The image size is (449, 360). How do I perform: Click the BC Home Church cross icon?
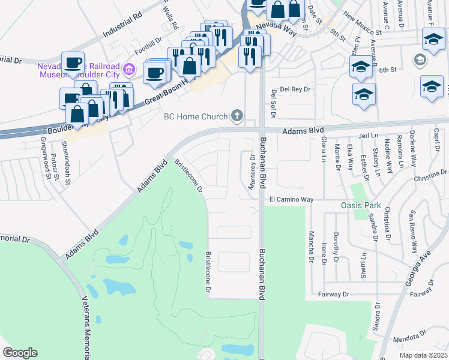(x=237, y=116)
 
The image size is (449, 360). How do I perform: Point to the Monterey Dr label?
(x=253, y=170)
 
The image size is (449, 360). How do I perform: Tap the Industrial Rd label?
(x=122, y=25)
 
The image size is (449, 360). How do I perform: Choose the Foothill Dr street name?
(x=149, y=46)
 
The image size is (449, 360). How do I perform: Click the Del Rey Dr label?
(x=294, y=89)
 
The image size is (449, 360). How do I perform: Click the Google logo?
(x=20, y=352)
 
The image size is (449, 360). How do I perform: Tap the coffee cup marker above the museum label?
(x=73, y=63)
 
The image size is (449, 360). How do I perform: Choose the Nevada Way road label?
(x=277, y=26)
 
